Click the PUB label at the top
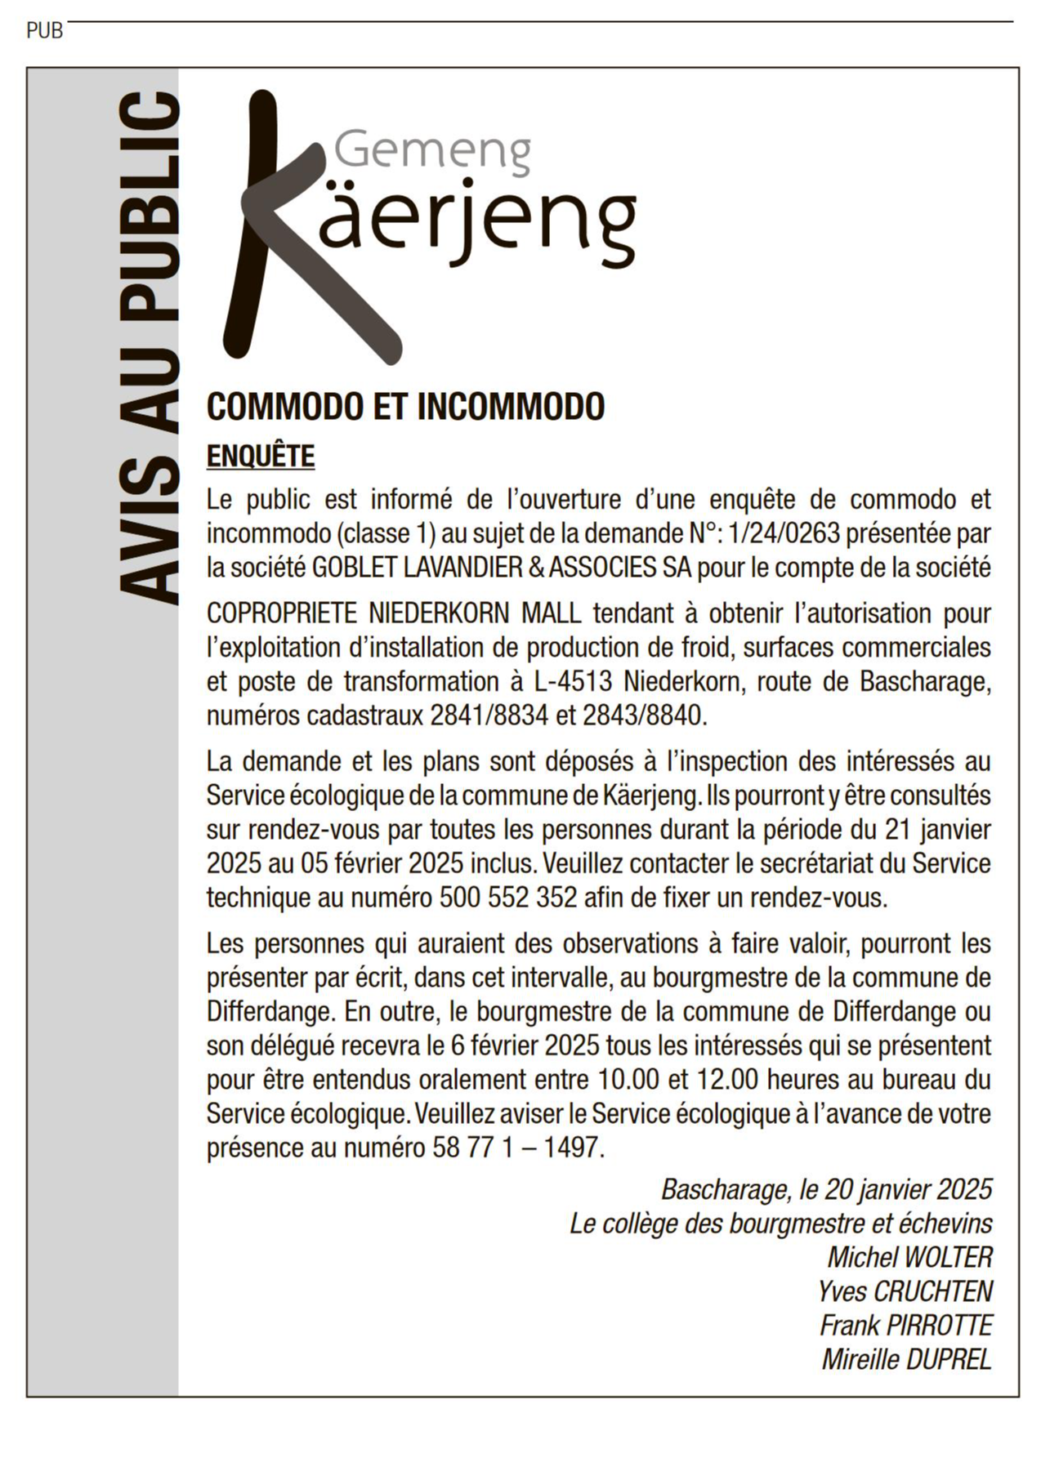click(44, 31)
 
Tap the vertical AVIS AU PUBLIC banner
click(148, 350)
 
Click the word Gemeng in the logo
click(432, 150)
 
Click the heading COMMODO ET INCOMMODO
click(405, 406)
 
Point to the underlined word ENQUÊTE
click(260, 456)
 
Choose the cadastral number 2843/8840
click(641, 715)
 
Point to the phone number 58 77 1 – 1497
click(516, 1148)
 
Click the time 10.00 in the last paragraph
click(628, 1079)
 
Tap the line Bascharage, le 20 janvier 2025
click(826, 1189)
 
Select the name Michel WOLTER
click(909, 1257)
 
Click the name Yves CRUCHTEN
click(905, 1291)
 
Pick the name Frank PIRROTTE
click(905, 1325)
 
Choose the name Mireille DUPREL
click(906, 1359)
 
